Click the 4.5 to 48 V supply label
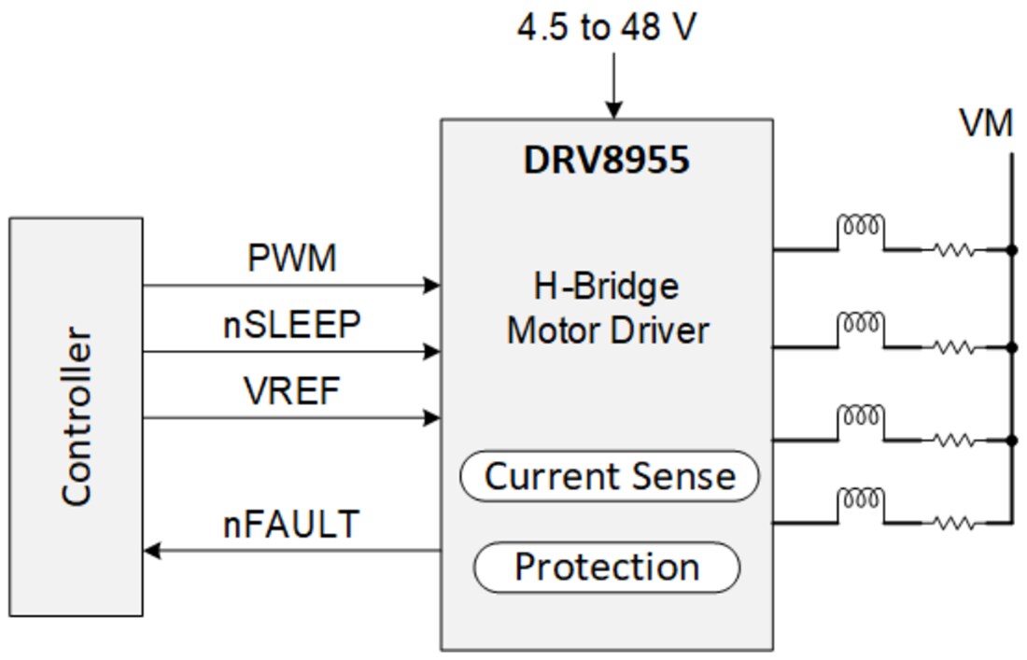(607, 27)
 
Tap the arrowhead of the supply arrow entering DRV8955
(613, 109)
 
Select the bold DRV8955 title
(606, 160)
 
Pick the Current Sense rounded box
(610, 476)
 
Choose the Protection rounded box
(607, 567)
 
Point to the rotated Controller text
(77, 416)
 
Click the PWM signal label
(292, 259)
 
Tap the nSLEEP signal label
(292, 325)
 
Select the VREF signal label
(292, 392)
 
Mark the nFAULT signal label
(291, 525)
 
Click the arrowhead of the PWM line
(431, 286)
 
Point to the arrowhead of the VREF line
(431, 418)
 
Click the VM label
(986, 123)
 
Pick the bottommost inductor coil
(860, 499)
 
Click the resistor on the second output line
(951, 347)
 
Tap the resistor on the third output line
(951, 439)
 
